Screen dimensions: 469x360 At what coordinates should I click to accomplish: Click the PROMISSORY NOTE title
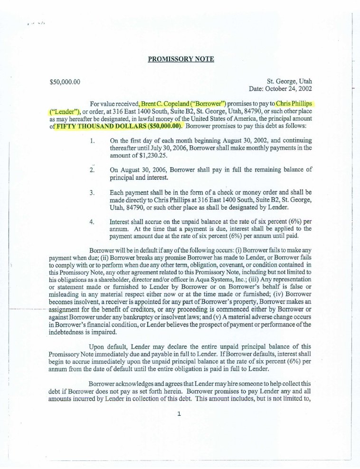coord(180,59)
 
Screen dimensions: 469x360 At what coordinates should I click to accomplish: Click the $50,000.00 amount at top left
coord(64,82)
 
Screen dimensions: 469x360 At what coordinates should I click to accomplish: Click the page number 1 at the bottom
coord(179,414)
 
